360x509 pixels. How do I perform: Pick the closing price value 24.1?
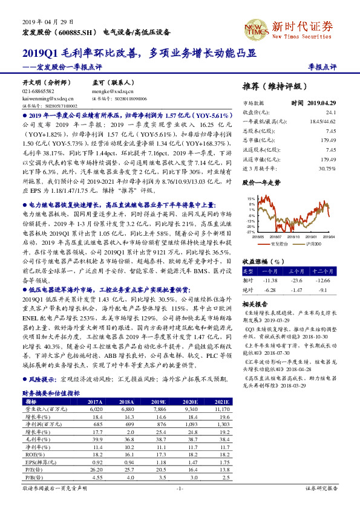pos(330,112)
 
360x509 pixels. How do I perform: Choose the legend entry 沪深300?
pos(312,244)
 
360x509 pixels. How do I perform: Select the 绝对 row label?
pos(247,290)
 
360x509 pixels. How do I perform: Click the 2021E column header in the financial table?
pos(221,401)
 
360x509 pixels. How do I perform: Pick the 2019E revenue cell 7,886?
pos(159,409)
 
